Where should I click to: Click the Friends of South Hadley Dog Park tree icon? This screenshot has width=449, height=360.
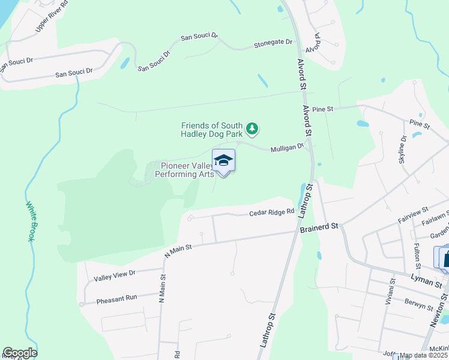253,128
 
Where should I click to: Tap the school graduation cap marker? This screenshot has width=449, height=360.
223,161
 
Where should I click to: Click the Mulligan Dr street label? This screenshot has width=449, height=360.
287,148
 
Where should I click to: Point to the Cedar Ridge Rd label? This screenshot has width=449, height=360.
272,212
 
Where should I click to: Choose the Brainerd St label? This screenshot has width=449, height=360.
319,226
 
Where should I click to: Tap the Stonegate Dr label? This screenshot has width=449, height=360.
273,43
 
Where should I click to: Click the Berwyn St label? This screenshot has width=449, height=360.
418,305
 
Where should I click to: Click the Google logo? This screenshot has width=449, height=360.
20,353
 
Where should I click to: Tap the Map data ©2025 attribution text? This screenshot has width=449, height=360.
424,355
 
